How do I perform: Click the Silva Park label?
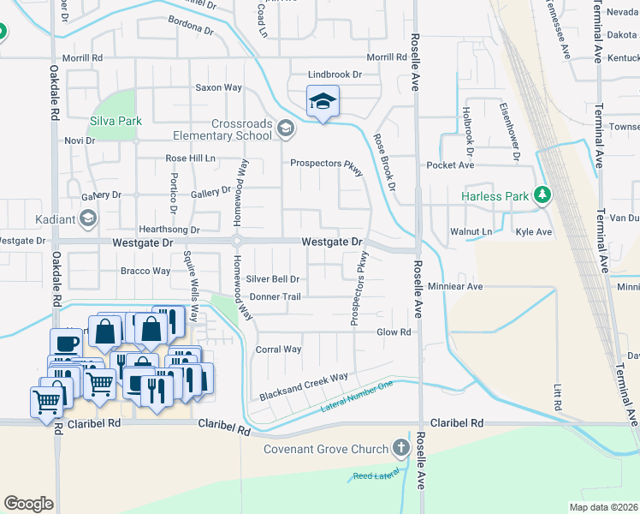116,121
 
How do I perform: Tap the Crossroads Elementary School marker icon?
285,129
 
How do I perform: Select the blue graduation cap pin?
323,102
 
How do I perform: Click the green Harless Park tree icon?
542,196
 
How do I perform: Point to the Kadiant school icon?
87,219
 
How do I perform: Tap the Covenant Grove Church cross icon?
400,448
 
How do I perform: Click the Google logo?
28,503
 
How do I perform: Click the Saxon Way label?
218,87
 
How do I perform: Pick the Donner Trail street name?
276,297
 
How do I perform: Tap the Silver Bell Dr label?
273,278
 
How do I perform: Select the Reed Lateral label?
375,475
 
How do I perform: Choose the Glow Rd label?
394,332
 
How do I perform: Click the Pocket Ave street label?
450,164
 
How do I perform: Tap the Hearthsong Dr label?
169,230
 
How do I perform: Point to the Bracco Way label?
145,271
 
